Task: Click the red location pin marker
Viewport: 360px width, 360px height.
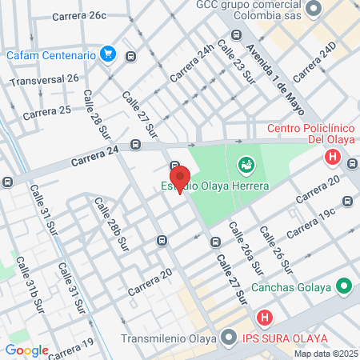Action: [x=179, y=178]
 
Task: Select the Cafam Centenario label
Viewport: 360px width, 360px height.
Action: [x=52, y=56]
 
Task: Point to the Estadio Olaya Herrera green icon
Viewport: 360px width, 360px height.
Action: [x=246, y=166]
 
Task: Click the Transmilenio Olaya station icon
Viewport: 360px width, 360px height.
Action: [x=228, y=338]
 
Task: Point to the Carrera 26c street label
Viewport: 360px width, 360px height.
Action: [x=78, y=16]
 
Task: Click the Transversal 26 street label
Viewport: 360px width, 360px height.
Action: [x=45, y=79]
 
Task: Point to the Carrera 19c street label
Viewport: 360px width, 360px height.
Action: [x=308, y=223]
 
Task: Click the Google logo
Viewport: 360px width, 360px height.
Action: [x=26, y=350]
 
